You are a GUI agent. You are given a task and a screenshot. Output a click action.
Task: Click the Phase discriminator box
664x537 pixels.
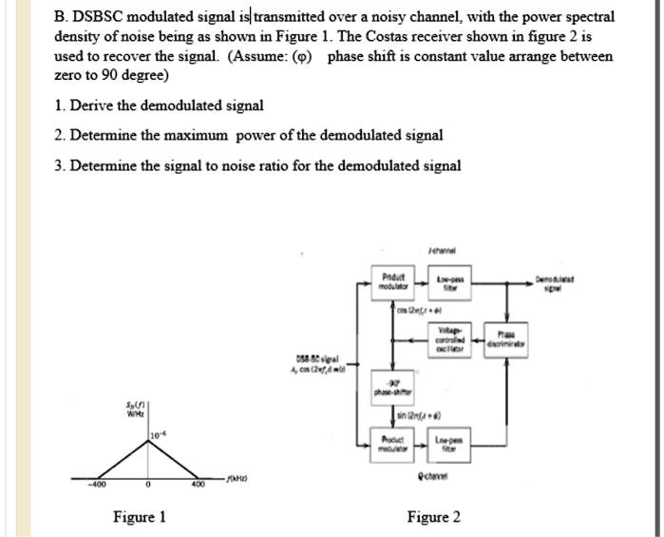click(x=513, y=339)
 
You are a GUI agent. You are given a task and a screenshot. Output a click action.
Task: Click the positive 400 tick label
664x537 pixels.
click(x=198, y=485)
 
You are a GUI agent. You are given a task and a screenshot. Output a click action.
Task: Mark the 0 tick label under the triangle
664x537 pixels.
click(x=147, y=485)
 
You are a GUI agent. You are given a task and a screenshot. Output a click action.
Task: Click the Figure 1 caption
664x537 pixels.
click(x=140, y=517)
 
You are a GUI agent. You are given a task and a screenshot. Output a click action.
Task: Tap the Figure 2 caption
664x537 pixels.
click(x=433, y=517)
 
